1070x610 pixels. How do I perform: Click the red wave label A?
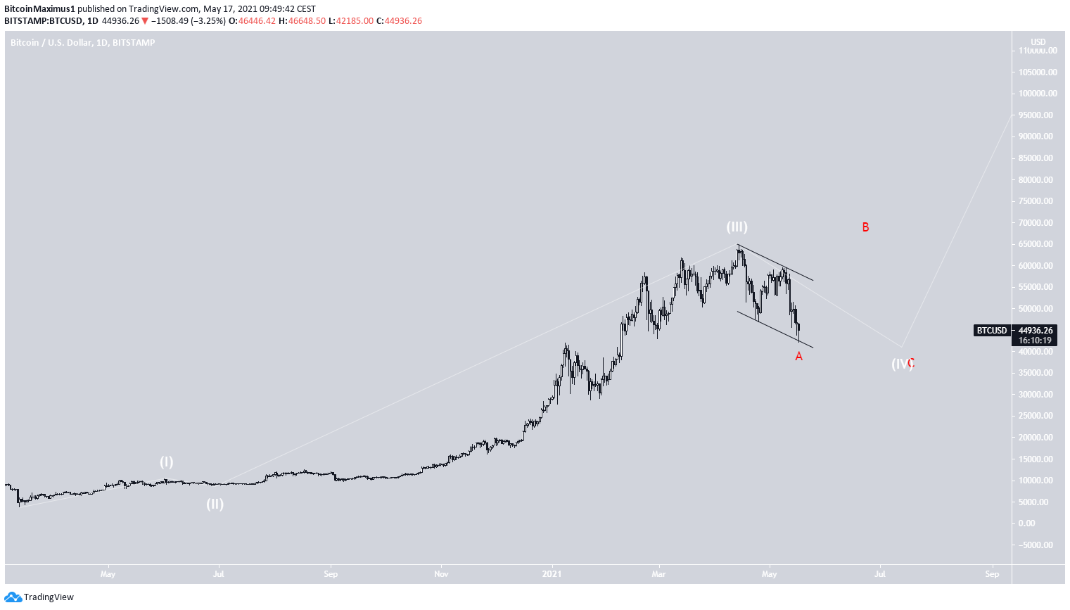coord(798,357)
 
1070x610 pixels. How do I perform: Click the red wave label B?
coord(865,227)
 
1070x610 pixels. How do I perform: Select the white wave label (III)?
coord(737,227)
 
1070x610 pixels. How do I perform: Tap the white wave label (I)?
coord(166,462)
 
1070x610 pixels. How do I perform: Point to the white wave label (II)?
coord(215,504)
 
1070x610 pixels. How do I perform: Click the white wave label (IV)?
coord(900,364)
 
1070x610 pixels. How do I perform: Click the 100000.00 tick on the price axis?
coord(1037,94)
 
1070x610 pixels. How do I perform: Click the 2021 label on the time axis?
coord(552,574)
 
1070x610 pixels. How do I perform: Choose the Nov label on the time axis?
coord(441,574)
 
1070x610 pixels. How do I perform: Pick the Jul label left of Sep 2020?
coord(219,574)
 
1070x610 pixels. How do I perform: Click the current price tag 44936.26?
coord(1036,331)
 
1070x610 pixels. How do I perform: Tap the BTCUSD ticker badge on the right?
coord(991,331)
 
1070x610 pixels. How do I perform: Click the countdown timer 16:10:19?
coord(1036,341)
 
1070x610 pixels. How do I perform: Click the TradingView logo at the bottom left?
coord(39,597)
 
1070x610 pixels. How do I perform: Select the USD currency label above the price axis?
coord(1038,42)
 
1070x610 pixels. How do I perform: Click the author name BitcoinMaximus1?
coord(39,9)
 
